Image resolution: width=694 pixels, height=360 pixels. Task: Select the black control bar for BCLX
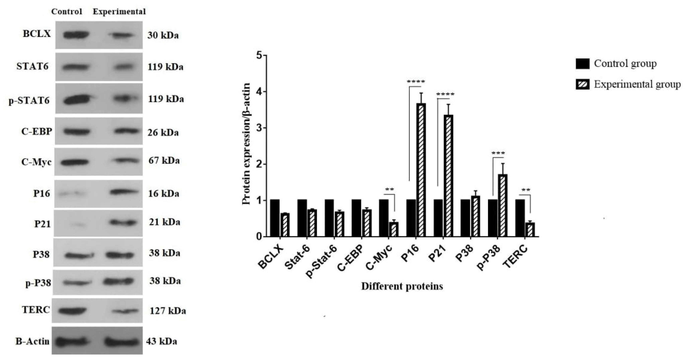pyautogui.click(x=275, y=218)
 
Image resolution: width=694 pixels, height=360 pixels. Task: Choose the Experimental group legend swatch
pyautogui.click(x=582, y=85)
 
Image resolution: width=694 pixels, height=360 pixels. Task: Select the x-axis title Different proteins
pyautogui.click(x=402, y=286)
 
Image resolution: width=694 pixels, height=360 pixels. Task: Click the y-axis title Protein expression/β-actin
pyautogui.click(x=246, y=144)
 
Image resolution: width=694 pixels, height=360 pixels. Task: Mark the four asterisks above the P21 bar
pyautogui.click(x=445, y=95)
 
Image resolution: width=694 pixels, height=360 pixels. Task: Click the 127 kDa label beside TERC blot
pyautogui.click(x=168, y=311)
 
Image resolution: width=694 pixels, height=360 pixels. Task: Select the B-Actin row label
pyautogui.click(x=33, y=341)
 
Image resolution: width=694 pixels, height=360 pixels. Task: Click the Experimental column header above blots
pyautogui.click(x=119, y=12)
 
